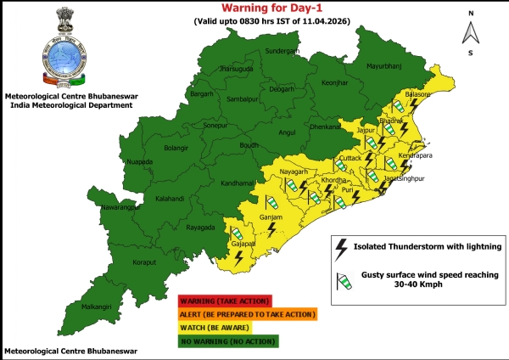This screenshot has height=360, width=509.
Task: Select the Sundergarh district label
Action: pos(284,51)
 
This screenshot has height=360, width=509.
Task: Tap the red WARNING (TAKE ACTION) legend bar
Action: pos(224,301)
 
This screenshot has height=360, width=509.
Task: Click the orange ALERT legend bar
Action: pos(246,314)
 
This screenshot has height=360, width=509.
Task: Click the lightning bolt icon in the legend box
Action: pos(342,248)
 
